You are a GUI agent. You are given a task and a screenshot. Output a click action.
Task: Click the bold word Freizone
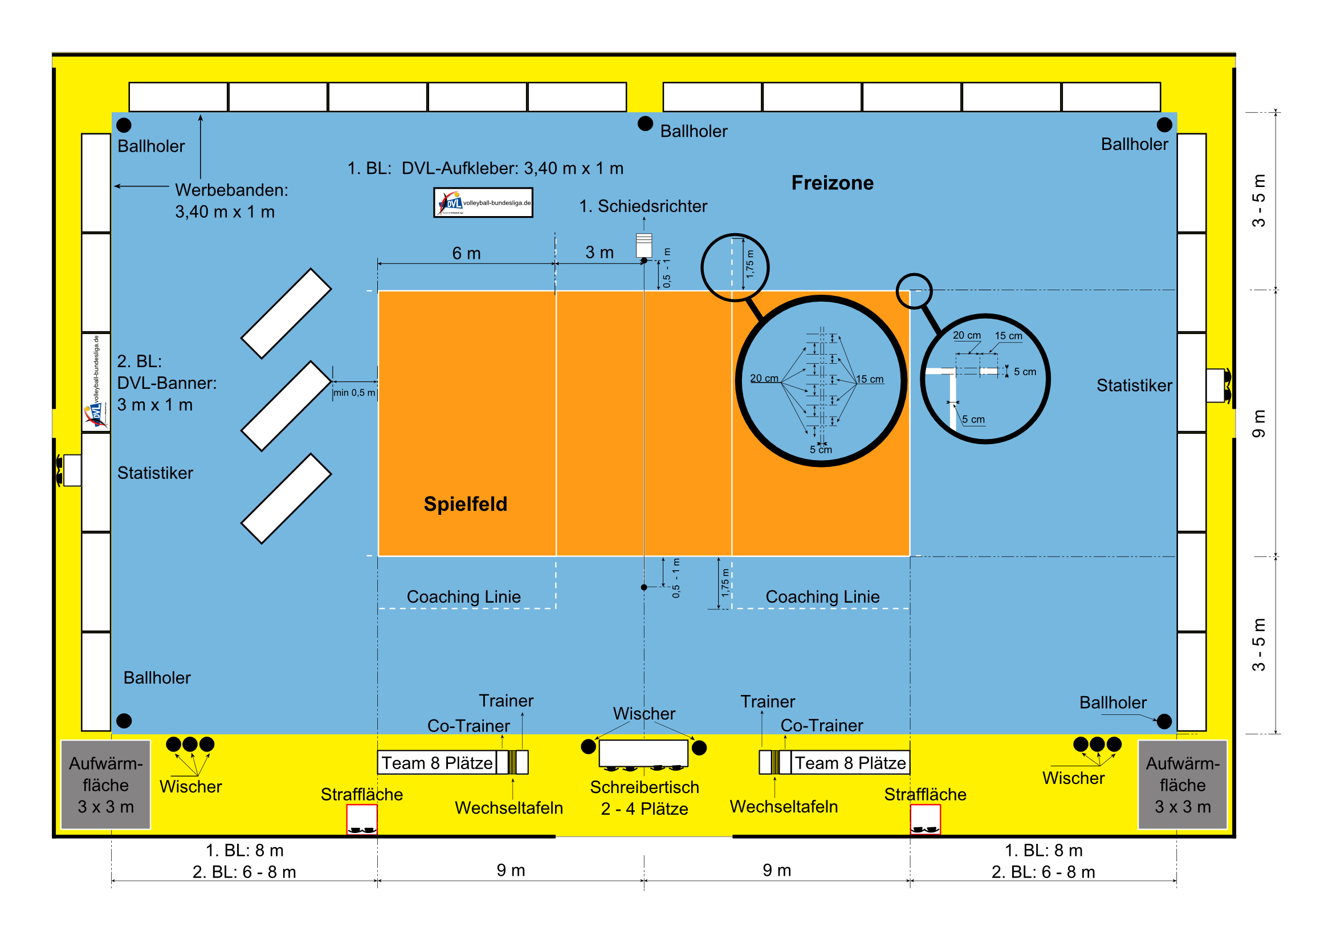(x=832, y=183)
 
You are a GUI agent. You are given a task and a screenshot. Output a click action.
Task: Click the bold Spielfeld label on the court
(x=465, y=504)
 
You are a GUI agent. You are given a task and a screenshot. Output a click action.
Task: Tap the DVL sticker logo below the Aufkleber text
(x=483, y=202)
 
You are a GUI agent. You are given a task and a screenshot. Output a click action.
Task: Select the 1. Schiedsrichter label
(x=643, y=206)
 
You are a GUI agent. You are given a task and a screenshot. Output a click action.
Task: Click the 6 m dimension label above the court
(x=466, y=253)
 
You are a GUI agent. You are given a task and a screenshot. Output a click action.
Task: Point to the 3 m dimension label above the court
(x=599, y=252)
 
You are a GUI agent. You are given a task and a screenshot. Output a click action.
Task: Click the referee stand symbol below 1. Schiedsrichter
(x=644, y=245)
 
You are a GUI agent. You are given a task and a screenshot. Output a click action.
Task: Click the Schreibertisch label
(x=645, y=787)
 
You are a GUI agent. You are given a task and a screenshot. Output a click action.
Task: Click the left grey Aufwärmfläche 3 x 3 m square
(x=105, y=785)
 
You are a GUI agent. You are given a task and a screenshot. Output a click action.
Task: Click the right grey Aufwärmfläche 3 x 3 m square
(x=1182, y=785)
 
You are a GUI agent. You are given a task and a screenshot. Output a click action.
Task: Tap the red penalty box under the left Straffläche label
(x=362, y=819)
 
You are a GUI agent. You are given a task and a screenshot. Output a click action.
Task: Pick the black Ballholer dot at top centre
(x=645, y=124)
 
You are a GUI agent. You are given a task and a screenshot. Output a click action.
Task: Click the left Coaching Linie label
(x=463, y=596)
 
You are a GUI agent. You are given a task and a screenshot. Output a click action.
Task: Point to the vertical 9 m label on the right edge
(x=1258, y=423)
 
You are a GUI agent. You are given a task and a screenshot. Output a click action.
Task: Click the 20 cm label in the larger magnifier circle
(x=764, y=378)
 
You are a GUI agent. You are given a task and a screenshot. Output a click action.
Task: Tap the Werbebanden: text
(x=231, y=190)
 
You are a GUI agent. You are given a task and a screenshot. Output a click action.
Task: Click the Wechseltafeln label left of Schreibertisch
(x=508, y=808)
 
